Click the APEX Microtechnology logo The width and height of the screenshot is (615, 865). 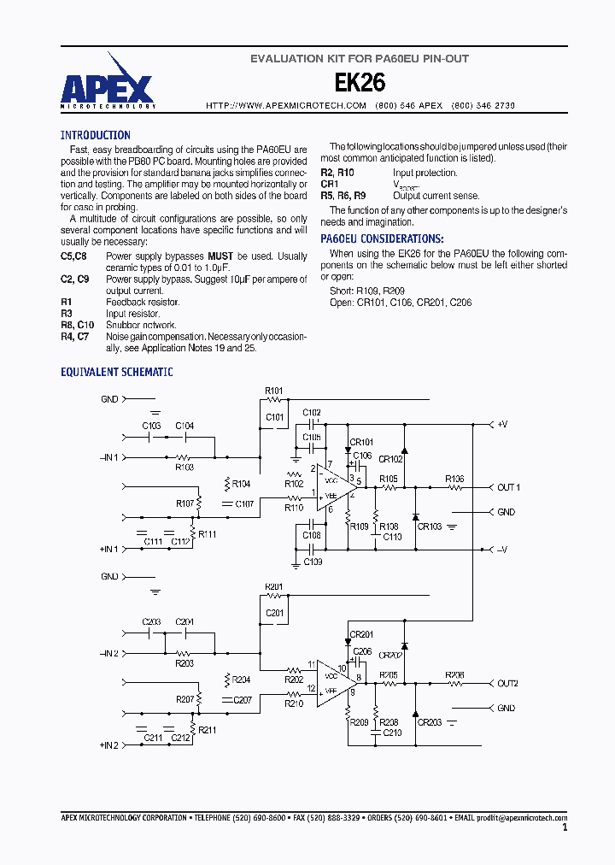tap(108, 85)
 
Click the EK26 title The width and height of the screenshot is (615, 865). tap(359, 83)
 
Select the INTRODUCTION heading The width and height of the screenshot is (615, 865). tap(95, 135)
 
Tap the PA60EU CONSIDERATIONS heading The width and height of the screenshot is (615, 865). tap(381, 239)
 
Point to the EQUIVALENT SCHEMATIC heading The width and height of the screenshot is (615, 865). tap(116, 372)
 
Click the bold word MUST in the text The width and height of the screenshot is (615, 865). tap(220, 256)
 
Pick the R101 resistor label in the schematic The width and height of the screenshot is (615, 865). tap(273, 391)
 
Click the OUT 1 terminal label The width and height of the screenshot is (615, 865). tap(508, 487)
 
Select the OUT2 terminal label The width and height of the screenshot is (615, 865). tap(507, 684)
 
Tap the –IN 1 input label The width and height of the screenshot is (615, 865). tap(108, 457)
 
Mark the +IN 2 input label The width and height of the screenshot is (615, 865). tap(108, 745)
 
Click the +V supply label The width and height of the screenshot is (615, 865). tap(503, 424)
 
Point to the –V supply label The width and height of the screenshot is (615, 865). tap(503, 550)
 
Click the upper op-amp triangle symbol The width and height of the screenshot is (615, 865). tap(332, 493)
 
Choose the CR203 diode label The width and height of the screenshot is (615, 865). tap(429, 723)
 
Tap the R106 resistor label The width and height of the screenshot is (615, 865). tap(454, 479)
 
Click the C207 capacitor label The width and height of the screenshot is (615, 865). tap(243, 700)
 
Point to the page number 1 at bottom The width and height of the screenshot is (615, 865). tap(565, 827)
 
